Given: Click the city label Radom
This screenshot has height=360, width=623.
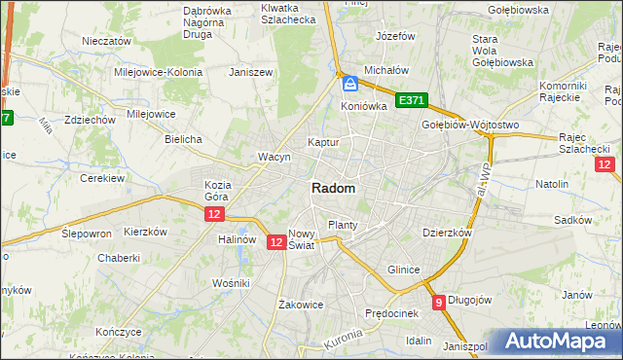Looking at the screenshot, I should [333, 189].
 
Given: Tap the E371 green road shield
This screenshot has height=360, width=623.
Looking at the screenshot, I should [412, 100].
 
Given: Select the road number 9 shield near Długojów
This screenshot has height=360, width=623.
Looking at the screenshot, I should [440, 303].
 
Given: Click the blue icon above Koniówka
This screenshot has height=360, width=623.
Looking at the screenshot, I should [349, 85].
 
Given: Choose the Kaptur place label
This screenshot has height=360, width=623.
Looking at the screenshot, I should [323, 142].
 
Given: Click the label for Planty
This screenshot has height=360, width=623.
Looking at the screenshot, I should [343, 225].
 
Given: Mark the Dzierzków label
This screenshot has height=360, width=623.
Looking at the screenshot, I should [447, 234].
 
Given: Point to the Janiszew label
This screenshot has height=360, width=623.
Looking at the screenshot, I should [248, 72].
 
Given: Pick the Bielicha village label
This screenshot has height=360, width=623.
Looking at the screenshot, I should [183, 139].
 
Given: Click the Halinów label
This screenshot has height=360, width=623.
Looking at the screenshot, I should [237, 239].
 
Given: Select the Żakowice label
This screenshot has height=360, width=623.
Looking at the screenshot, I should [300, 305].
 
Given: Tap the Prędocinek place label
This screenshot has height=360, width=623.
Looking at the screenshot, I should [391, 313].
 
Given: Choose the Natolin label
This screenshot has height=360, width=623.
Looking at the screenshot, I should [552, 183].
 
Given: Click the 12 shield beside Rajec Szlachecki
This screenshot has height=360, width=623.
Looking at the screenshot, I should [605, 165].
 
